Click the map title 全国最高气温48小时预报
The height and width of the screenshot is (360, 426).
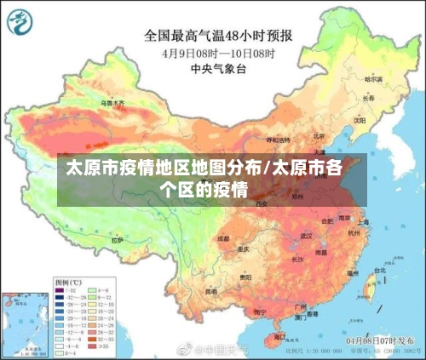click(x=218, y=36)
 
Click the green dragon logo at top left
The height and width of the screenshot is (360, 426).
click(x=20, y=22)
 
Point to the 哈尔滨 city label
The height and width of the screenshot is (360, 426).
click(x=374, y=79)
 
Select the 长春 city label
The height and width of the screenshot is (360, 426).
click(x=368, y=98)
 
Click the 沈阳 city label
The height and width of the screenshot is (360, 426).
click(x=359, y=120)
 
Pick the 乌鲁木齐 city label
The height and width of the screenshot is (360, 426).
click(x=112, y=103)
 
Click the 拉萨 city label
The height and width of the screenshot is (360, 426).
click(x=117, y=240)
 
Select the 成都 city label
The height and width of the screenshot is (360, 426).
click(x=223, y=238)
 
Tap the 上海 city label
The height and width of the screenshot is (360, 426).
click(x=364, y=222)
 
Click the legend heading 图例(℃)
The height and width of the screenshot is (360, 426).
click(x=68, y=280)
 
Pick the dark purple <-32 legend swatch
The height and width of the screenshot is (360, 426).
click(x=61, y=289)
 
